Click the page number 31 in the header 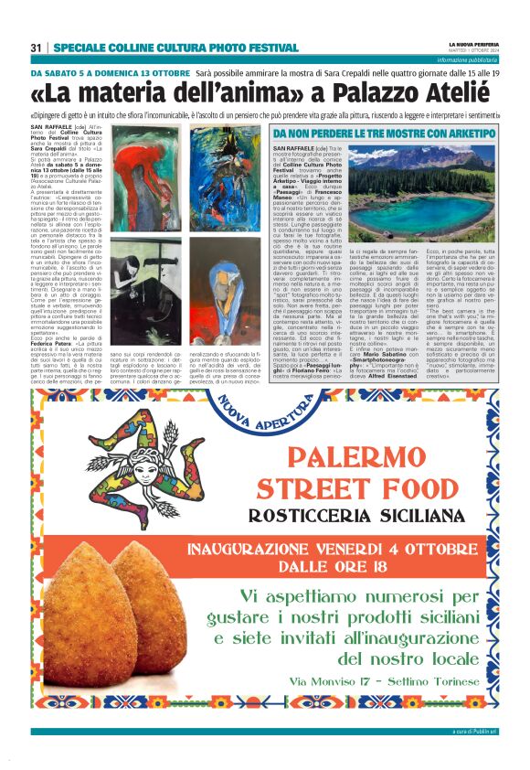click(37, 48)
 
